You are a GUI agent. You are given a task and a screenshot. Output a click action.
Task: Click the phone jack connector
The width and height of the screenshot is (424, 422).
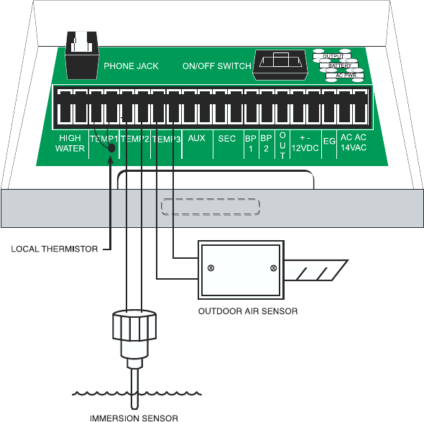click(x=82, y=55)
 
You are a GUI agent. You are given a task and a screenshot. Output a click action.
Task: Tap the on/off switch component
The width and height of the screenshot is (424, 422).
click(x=280, y=65)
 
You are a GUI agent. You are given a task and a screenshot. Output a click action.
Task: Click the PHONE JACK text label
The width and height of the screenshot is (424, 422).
click(x=131, y=66)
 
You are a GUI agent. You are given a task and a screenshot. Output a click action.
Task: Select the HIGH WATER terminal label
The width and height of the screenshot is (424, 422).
click(x=70, y=143)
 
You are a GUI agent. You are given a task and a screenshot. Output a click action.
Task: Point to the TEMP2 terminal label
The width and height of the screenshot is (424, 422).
click(x=135, y=139)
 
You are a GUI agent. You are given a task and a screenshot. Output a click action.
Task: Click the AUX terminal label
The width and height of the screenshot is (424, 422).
click(x=197, y=138)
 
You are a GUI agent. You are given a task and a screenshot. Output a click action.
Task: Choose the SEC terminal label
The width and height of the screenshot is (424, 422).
click(x=227, y=139)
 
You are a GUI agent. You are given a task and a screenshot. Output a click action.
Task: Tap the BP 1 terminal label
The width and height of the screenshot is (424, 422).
click(x=251, y=143)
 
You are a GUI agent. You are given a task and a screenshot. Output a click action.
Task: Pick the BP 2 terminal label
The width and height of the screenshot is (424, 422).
click(x=266, y=143)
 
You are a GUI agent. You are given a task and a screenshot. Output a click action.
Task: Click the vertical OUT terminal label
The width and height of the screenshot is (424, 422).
click(x=282, y=145)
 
